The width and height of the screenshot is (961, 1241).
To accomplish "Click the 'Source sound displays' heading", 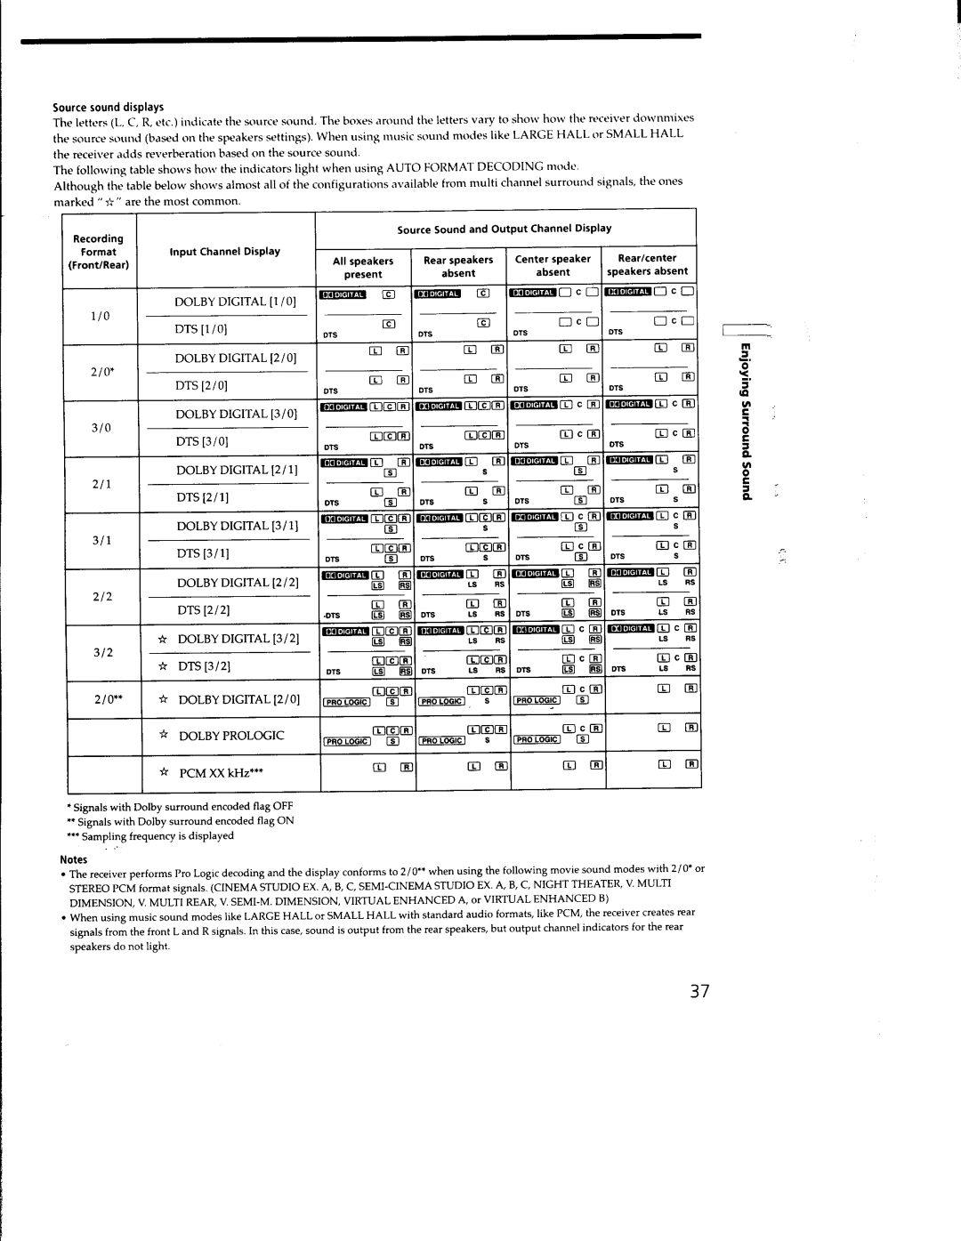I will (109, 107).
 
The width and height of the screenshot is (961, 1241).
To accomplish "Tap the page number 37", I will (699, 992).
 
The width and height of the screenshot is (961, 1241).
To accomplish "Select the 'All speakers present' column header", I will (363, 268).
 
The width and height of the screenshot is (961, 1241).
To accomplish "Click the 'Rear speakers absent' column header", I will (458, 267).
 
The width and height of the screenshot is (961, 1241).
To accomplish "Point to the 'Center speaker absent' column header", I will (553, 266).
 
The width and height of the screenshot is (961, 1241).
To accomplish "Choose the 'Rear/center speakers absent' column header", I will (647, 265).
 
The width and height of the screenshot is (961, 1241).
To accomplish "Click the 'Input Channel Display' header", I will (225, 252).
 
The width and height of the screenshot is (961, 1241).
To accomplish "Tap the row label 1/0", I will (101, 316).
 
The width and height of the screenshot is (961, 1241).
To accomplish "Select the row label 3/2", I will (102, 652).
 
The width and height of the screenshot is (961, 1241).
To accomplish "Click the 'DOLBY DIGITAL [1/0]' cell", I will (235, 302).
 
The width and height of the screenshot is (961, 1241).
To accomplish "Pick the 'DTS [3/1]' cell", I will (203, 553).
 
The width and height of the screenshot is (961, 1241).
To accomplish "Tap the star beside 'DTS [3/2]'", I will (163, 666).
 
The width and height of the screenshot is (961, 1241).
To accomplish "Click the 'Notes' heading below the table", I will (73, 859).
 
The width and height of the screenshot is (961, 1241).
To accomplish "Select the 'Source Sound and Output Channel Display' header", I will (505, 229).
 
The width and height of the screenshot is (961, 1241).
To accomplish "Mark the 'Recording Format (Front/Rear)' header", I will (99, 252).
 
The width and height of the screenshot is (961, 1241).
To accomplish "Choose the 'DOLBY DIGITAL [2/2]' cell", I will (238, 583).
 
